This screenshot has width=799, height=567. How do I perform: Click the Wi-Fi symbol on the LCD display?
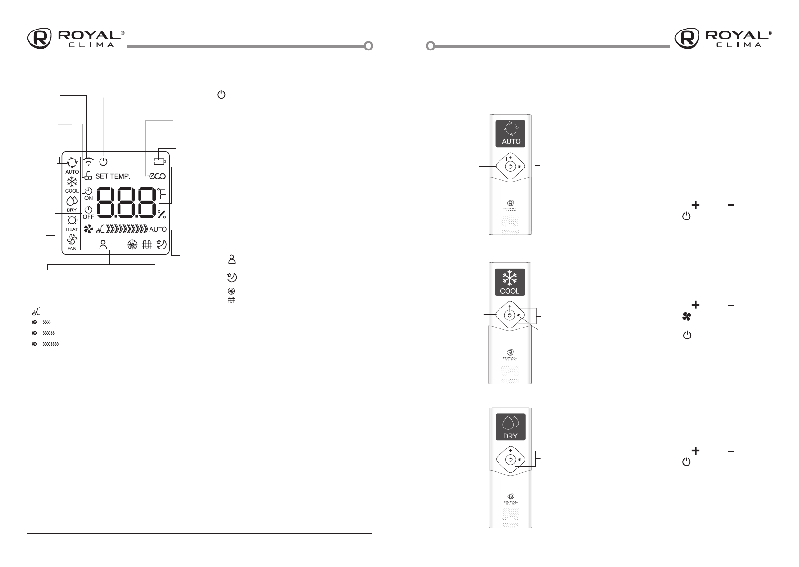89,161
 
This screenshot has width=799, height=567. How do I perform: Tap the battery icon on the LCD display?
160,161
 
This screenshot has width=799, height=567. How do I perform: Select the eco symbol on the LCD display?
157,176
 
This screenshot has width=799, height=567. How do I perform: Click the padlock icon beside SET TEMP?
88,175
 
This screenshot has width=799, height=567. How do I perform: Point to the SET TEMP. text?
112,176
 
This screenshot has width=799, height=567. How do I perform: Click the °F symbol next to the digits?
161,193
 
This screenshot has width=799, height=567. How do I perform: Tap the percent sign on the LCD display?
161,214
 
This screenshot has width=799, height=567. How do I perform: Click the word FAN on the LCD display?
72,249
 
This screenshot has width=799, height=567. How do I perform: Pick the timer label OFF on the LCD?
89,217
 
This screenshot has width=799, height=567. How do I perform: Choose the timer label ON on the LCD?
89,198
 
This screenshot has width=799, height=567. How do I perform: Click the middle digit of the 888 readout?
126,202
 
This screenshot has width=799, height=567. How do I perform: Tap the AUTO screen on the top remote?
510,134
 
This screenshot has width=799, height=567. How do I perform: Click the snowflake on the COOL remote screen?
509,278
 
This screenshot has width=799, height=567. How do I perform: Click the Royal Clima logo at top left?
76,38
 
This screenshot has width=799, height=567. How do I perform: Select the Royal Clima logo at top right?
723,38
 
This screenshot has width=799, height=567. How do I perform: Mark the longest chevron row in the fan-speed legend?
50,344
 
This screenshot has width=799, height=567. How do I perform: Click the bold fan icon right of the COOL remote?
687,317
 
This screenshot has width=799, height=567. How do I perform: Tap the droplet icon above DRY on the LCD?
72,201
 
